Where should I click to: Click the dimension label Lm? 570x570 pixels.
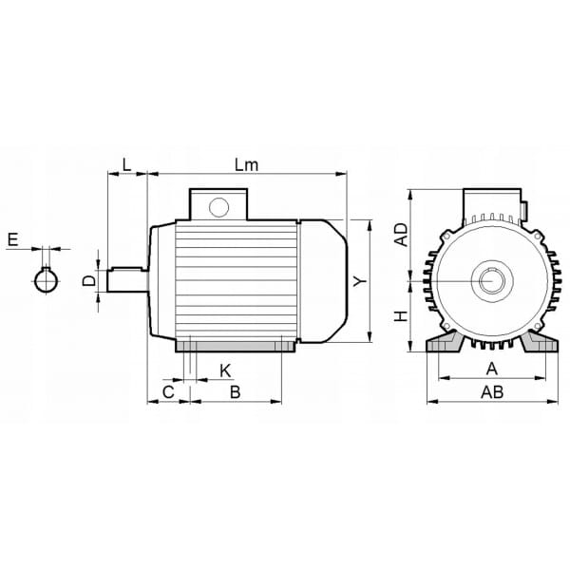[x=246, y=165]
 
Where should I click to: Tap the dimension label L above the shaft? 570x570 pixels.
[x=126, y=165]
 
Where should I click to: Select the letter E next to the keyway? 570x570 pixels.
[x=13, y=240]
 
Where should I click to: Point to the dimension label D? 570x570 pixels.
[x=89, y=280]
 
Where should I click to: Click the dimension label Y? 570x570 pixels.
[x=360, y=281]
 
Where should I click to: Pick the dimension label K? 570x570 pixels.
[x=225, y=371]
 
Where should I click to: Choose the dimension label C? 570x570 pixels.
[x=168, y=392]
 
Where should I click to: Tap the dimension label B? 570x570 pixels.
[x=236, y=392]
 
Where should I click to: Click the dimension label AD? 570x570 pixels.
[x=402, y=235]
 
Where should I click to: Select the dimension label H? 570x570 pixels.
[x=402, y=316]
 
